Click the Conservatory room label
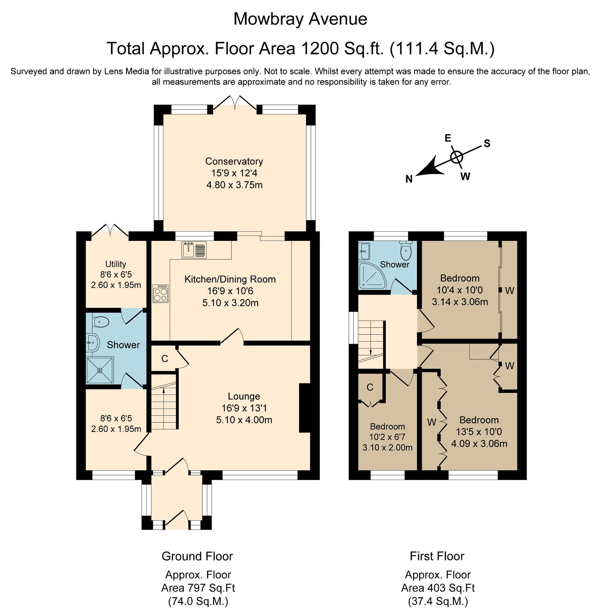[x=234, y=161]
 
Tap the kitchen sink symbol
[x=194, y=249]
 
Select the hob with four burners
[x=161, y=294]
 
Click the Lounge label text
[x=244, y=396]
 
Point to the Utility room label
[x=115, y=264]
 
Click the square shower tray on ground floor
[x=100, y=370]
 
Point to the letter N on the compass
[x=409, y=179]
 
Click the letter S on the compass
[x=487, y=143]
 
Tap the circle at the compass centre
[x=456, y=158]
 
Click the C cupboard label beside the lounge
[x=164, y=359]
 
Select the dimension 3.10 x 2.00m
[x=387, y=448]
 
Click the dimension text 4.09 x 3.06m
[x=479, y=444]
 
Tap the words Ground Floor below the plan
[x=197, y=556]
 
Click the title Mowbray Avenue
[x=300, y=19]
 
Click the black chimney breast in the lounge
[x=304, y=408]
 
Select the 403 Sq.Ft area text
[x=438, y=588]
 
